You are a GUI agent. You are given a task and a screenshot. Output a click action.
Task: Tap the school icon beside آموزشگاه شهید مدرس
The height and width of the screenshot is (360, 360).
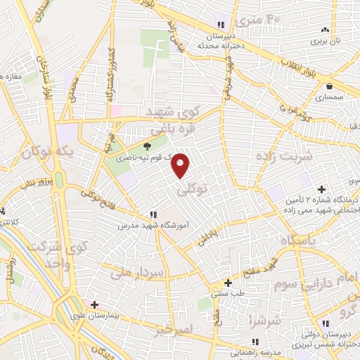point(153,215)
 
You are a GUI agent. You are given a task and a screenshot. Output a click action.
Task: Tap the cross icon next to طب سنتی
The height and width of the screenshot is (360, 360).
point(228,283)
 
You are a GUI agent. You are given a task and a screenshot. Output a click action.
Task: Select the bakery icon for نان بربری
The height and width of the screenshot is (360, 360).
point(325,30)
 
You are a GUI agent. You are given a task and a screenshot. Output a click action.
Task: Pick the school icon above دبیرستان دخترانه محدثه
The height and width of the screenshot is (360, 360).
point(221,25)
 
